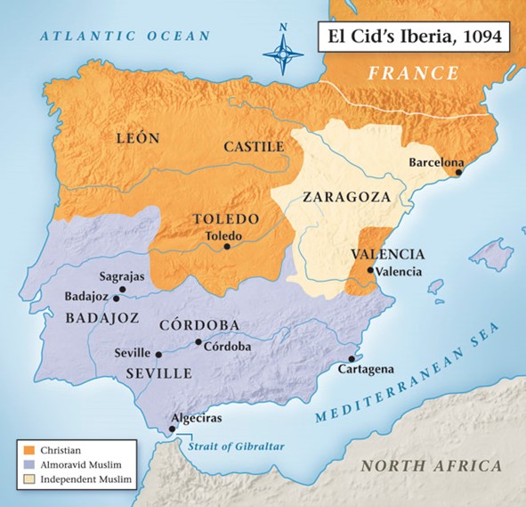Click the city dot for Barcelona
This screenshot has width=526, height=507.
[459, 173]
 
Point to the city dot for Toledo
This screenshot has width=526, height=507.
[227, 247]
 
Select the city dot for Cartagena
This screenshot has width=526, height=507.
[352, 358]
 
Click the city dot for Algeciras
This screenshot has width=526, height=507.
[173, 429]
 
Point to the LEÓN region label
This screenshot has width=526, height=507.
[137, 138]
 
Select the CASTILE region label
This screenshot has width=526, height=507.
[254, 146]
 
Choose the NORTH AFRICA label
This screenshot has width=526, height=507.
[432, 466]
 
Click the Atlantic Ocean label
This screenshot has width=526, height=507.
[125, 37]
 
